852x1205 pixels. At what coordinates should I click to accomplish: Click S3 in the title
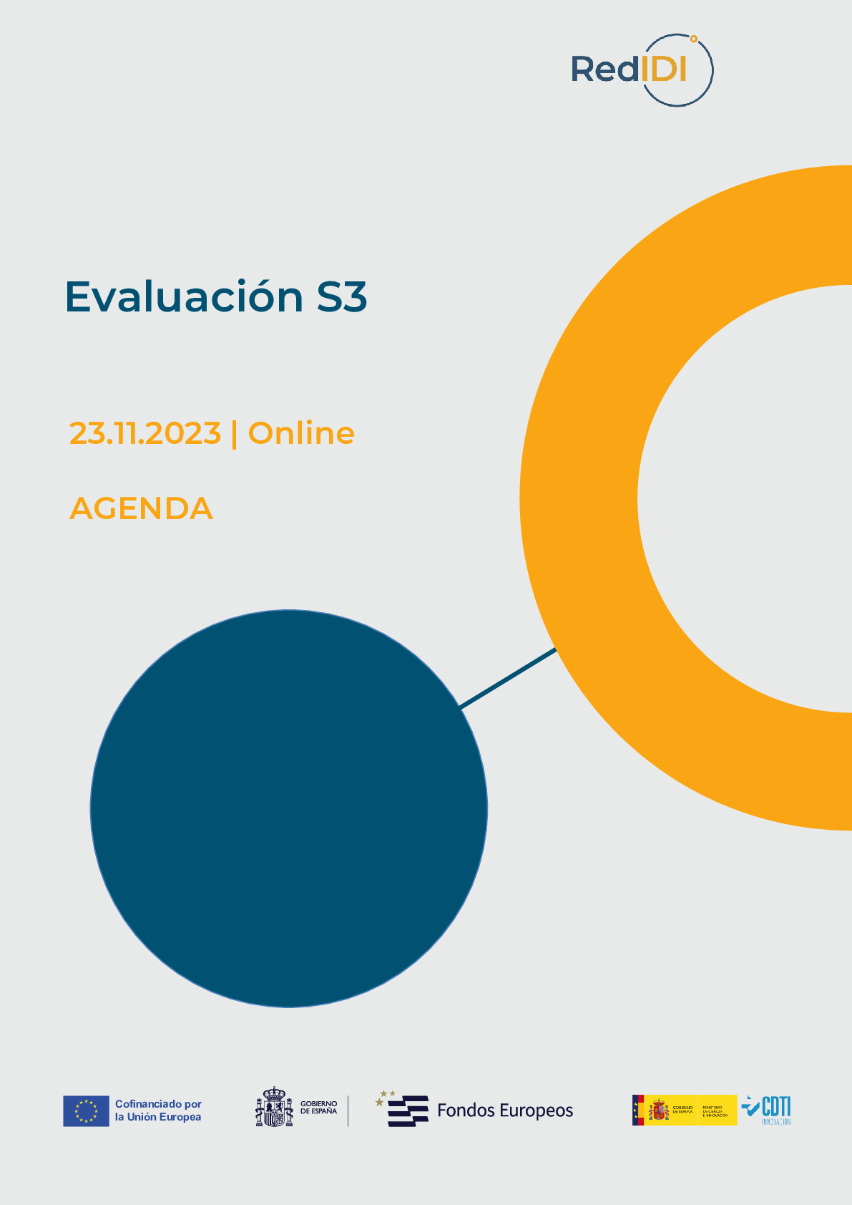(x=342, y=296)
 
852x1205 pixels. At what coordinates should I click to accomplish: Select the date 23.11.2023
(x=145, y=433)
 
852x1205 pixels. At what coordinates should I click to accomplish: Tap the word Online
(x=301, y=433)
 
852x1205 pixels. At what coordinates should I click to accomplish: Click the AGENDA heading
(x=141, y=508)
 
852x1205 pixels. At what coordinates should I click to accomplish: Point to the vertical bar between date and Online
(x=235, y=434)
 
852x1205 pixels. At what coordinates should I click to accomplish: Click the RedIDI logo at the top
(x=641, y=69)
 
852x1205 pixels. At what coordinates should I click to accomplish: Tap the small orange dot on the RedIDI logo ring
(x=693, y=38)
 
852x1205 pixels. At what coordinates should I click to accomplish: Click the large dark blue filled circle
(x=288, y=808)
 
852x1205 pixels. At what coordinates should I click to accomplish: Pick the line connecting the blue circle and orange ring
(x=508, y=678)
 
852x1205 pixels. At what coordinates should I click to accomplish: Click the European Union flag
(x=86, y=1110)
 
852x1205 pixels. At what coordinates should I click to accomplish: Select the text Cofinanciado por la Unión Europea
(x=158, y=1110)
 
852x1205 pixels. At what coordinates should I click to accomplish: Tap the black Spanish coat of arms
(x=274, y=1107)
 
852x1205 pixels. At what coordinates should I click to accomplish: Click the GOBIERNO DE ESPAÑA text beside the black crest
(x=318, y=1108)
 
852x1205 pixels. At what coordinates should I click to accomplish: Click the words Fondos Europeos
(x=505, y=1110)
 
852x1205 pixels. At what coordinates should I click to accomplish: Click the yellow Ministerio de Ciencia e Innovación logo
(x=685, y=1110)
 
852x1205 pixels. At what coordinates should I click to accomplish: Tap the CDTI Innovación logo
(x=767, y=1110)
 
